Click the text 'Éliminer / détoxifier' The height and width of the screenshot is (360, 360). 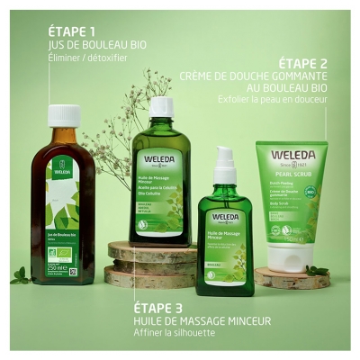pyautogui.click(x=87, y=58)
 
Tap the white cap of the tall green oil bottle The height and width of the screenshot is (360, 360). pyautogui.click(x=161, y=107)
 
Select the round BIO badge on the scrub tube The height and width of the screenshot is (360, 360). pyautogui.click(x=310, y=193)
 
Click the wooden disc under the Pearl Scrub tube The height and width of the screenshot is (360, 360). pyautogui.click(x=288, y=277)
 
